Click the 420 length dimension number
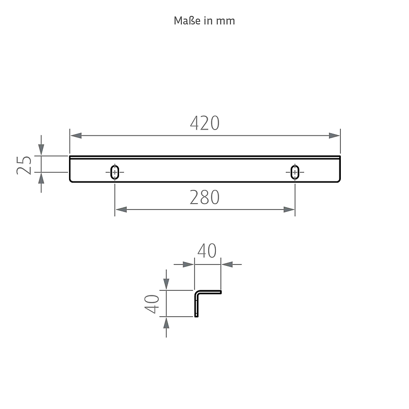point(205,123)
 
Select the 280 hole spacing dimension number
point(204,198)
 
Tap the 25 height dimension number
point(24,165)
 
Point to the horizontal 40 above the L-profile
point(207,251)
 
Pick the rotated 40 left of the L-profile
point(151,304)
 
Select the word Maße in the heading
point(188,20)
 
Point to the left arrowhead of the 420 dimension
point(76,135)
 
